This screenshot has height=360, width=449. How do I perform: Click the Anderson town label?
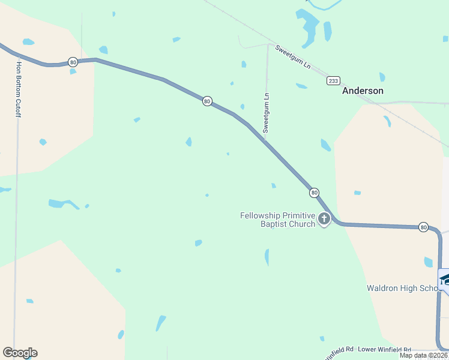tap(363, 91)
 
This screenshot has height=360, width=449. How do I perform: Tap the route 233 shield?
tap(333, 80)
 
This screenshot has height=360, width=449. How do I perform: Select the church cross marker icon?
tap(324, 220)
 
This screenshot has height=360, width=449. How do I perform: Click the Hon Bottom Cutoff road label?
tap(19, 88)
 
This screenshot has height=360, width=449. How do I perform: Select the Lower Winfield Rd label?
tap(384, 349)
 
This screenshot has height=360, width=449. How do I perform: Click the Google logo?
tap(20, 353)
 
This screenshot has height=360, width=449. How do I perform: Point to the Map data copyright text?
tap(424, 355)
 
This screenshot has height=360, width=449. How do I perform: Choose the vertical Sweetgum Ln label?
tap(267, 112)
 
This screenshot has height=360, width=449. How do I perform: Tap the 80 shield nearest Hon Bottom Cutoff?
tap(73, 62)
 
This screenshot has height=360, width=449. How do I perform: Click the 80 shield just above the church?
tap(314, 193)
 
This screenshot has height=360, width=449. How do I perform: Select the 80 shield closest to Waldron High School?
tap(424, 227)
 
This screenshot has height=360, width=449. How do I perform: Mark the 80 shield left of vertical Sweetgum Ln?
tap(207, 101)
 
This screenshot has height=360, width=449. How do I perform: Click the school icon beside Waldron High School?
tap(445, 280)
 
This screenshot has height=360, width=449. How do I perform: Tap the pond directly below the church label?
tap(267, 257)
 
